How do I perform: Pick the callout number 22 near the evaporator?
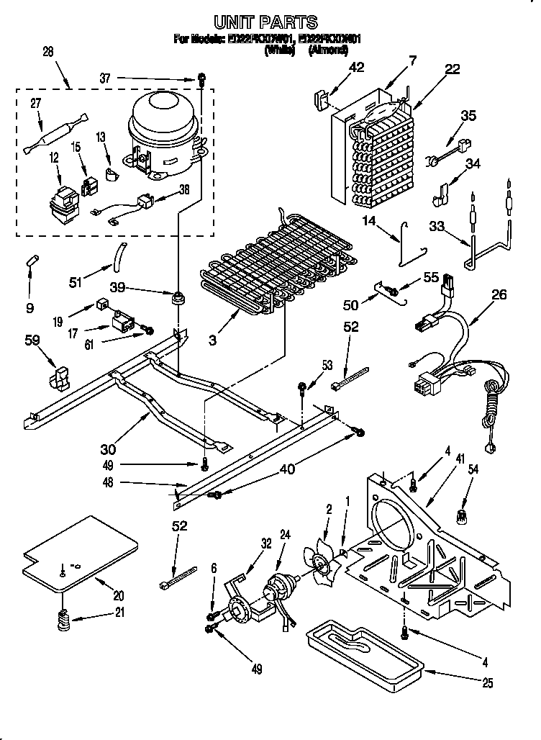[452, 69]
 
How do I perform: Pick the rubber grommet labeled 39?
[177, 297]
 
